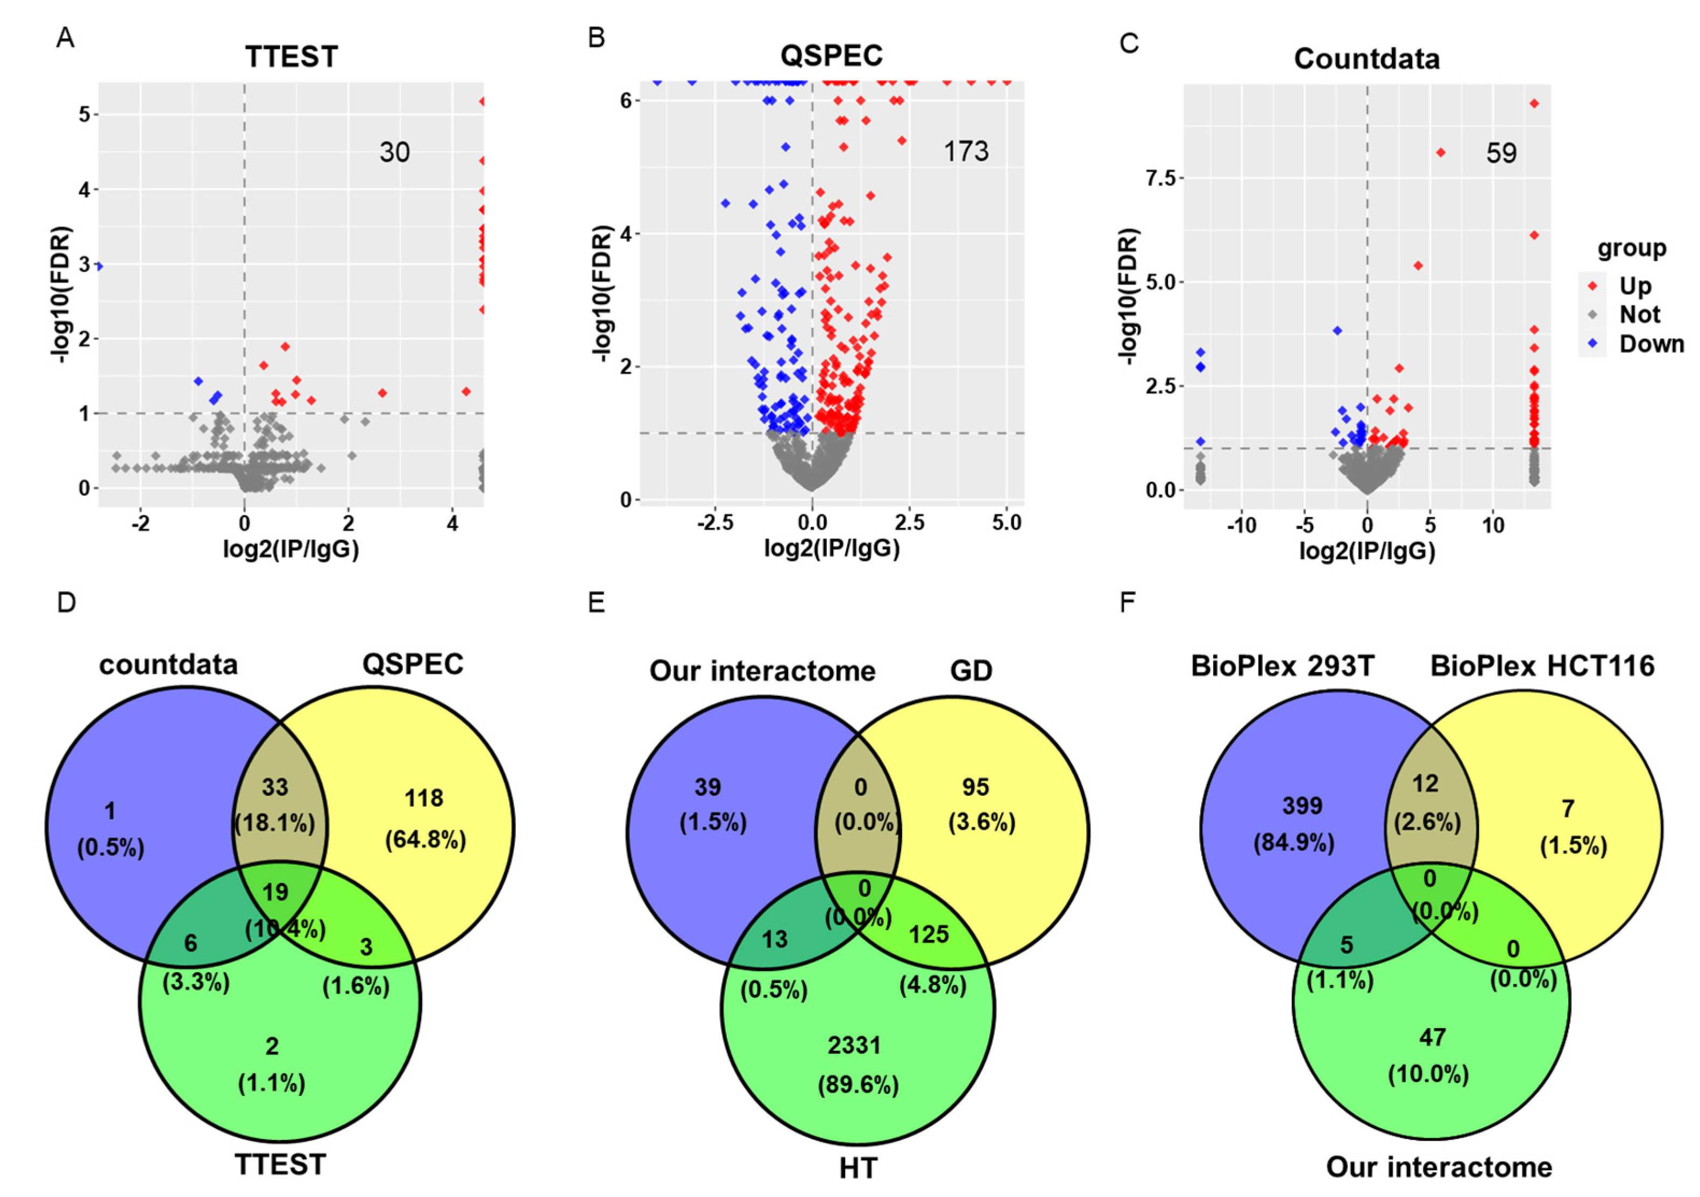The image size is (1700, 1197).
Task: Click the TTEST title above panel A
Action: coord(291,57)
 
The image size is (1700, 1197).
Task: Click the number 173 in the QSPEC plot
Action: coord(966,152)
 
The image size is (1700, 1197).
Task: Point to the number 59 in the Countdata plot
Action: coord(1501,153)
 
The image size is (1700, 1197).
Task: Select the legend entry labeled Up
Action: coord(1635,286)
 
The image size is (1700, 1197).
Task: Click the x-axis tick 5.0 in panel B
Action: coord(1006,523)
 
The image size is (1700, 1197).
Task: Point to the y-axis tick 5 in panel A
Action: coord(84,115)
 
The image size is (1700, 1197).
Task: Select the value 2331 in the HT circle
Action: coord(854,1045)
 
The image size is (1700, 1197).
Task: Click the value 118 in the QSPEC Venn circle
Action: coord(423,798)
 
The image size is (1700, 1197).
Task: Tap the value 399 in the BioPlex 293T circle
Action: coord(1302,806)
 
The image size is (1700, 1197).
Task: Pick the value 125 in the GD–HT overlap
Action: coord(929,935)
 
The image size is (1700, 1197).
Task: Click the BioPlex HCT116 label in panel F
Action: coord(1541,666)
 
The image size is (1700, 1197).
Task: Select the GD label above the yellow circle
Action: coord(971,671)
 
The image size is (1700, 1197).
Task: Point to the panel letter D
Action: coord(67,603)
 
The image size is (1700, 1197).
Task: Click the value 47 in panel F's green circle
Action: coord(1432,1038)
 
